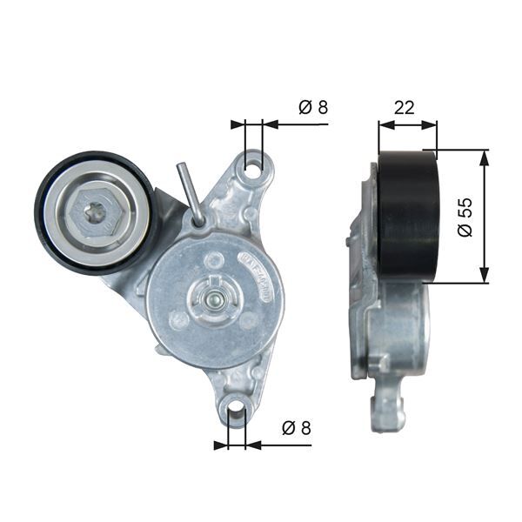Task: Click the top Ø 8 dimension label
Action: (x=312, y=108)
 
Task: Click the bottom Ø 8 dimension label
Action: (x=295, y=428)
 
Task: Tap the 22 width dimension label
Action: (x=404, y=107)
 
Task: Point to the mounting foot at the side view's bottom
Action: (x=385, y=412)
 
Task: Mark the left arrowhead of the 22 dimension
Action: (x=384, y=124)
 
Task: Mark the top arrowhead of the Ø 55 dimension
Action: (x=484, y=156)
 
